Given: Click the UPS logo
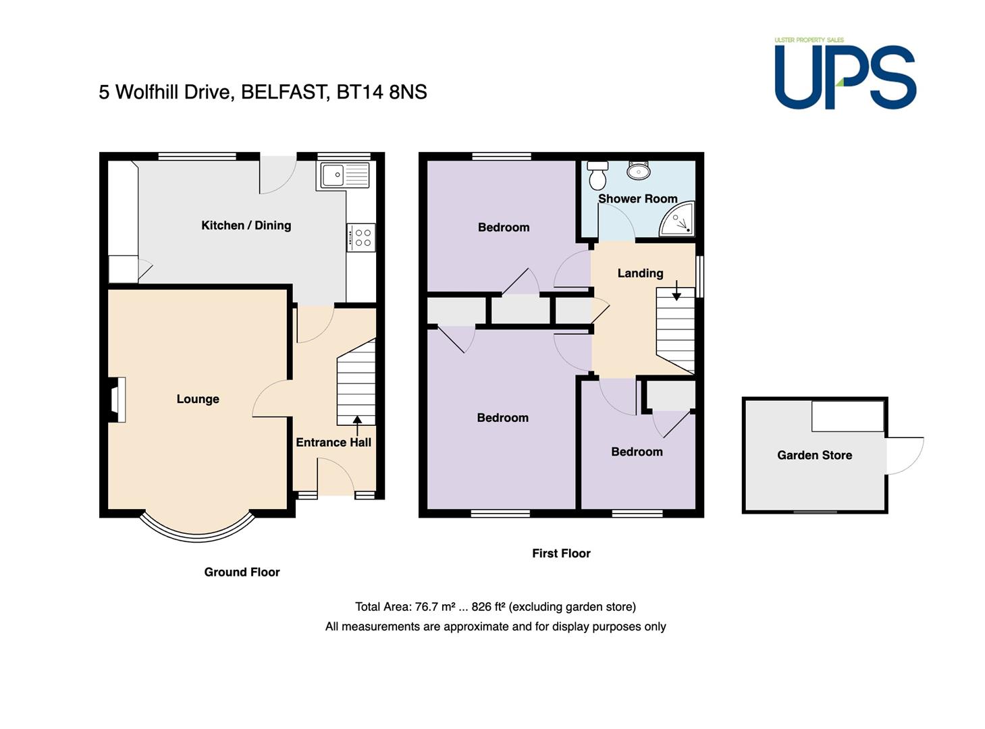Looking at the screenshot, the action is click(x=845, y=74).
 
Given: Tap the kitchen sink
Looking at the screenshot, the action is click(x=345, y=175).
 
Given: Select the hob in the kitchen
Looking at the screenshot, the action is click(x=361, y=237).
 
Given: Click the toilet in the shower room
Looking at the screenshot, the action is click(x=597, y=175).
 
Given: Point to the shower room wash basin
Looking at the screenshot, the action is click(x=639, y=170).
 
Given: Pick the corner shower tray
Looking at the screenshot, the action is click(x=676, y=219).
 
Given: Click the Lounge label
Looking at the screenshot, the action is click(x=198, y=399).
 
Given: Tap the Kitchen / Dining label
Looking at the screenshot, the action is click(x=246, y=225).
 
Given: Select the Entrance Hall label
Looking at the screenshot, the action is click(x=333, y=442).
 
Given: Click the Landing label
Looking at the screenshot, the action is click(x=640, y=273).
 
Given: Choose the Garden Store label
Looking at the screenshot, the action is click(x=814, y=455).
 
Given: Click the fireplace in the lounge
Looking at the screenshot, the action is click(x=116, y=400).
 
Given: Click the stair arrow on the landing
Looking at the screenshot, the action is click(x=676, y=290).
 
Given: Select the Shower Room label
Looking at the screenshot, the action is click(x=638, y=199).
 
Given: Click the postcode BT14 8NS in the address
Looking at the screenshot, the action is click(x=381, y=92).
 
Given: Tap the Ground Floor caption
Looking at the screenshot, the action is click(x=242, y=572).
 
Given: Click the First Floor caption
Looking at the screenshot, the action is click(x=561, y=553).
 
